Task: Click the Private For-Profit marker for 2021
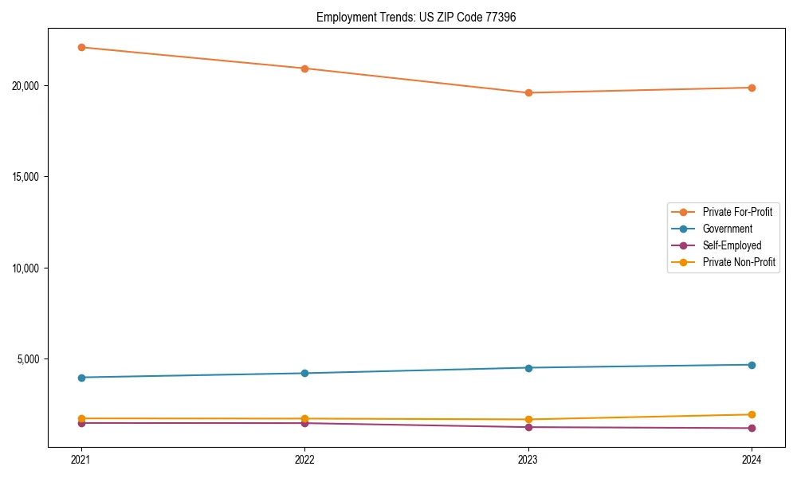pos(80,47)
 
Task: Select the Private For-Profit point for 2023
pos(528,92)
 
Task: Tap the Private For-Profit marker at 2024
pos(752,88)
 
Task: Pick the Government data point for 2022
pos(304,373)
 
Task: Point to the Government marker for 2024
pos(752,365)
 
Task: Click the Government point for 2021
pos(80,378)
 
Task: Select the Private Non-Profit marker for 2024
pos(752,414)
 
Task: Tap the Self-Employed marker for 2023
pos(528,427)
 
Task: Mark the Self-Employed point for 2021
pos(80,423)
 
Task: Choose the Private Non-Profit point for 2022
pos(304,418)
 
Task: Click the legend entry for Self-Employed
pos(732,245)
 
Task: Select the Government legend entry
pos(727,229)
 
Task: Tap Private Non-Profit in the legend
pos(739,262)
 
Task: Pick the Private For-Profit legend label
pos(736,212)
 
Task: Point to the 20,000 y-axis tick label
pos(28,86)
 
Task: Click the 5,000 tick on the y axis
pos(30,359)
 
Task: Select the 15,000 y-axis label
pos(28,177)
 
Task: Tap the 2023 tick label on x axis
pos(528,460)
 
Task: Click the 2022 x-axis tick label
pos(304,460)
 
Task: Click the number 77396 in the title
pos(501,17)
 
